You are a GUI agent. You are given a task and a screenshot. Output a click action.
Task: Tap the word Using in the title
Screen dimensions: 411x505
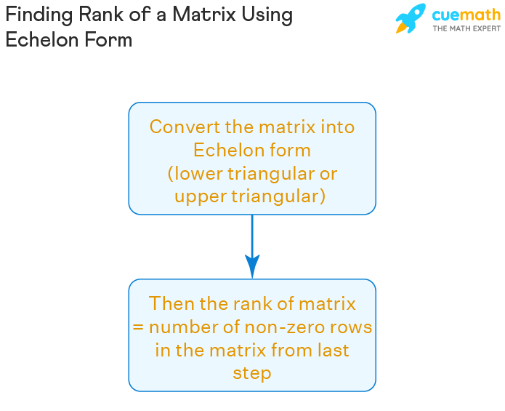point(267,15)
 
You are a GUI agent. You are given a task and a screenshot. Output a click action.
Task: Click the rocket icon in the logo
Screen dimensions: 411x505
point(411,19)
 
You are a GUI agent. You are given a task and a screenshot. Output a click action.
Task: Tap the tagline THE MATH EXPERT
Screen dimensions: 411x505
point(466,28)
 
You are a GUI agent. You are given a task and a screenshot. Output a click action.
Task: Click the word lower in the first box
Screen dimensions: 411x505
point(197,174)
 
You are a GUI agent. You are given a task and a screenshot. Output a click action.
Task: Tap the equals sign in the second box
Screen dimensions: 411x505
point(137,327)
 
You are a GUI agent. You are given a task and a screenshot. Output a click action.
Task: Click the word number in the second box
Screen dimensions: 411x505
point(181,327)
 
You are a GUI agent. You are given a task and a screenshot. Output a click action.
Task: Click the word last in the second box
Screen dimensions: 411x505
point(333,350)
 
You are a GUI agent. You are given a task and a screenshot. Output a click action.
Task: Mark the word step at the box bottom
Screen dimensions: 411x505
point(252,373)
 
